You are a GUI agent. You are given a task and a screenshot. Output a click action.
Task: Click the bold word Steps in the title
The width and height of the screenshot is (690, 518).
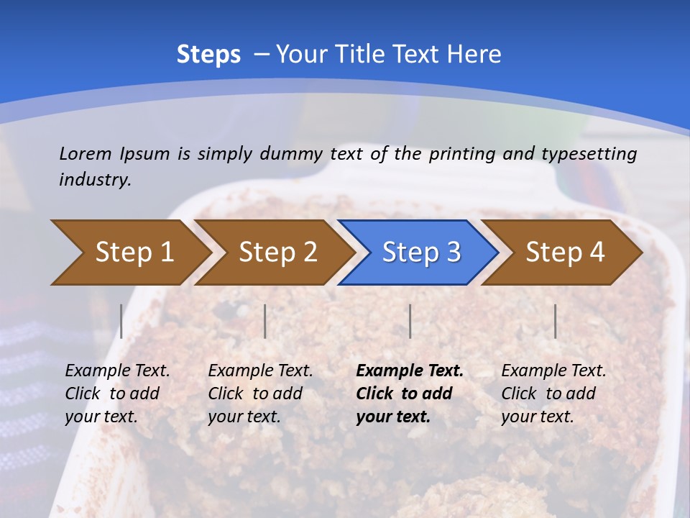(208, 55)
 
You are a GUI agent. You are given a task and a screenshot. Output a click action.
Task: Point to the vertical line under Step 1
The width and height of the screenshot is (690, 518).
(121, 321)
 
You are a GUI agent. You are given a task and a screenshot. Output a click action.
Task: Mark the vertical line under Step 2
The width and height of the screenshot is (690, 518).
(265, 321)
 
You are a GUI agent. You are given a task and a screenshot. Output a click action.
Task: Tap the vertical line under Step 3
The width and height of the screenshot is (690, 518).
(410, 321)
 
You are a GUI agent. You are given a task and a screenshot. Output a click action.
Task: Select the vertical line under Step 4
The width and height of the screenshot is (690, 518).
(555, 321)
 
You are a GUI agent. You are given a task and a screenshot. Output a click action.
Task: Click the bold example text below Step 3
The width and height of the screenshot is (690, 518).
(409, 394)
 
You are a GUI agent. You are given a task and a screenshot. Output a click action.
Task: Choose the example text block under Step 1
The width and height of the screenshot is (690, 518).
(117, 394)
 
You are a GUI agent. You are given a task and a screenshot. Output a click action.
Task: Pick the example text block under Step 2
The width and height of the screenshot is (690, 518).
(260, 394)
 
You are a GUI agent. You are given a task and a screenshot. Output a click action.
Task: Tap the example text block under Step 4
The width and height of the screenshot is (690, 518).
(553, 394)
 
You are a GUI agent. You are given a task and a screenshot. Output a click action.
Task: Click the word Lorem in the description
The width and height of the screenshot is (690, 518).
(86, 154)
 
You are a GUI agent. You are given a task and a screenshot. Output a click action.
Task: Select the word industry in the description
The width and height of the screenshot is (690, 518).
(95, 180)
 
